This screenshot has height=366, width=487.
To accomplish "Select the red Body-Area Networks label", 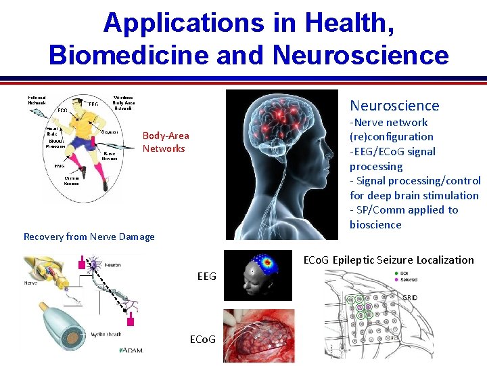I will pyautogui.click(x=166, y=142).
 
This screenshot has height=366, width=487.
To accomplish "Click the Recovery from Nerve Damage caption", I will pyautogui.click(x=89, y=237).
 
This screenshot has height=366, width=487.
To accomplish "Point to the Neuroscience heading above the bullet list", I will pyautogui.click(x=394, y=106).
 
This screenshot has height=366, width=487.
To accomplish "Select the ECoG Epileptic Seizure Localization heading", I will pyautogui.click(x=388, y=260).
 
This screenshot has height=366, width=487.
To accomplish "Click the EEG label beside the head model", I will pyautogui.click(x=207, y=276).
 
